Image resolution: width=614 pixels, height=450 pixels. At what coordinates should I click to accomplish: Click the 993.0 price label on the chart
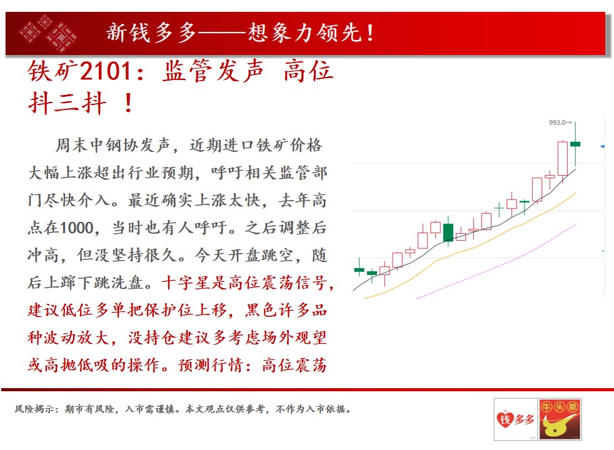[x=558, y=122]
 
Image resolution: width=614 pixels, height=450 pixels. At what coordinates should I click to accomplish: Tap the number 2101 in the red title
[x=105, y=71]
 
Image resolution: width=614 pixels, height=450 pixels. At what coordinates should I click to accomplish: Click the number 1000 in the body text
[x=77, y=227]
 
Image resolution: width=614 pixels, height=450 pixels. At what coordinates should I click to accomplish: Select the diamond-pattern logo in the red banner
[x=48, y=33]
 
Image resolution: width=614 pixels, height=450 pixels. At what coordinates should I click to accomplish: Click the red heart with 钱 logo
[x=505, y=419]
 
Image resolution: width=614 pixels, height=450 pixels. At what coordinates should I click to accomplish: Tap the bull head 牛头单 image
[x=560, y=419]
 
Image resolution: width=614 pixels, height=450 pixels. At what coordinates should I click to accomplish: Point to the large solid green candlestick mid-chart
[x=448, y=232]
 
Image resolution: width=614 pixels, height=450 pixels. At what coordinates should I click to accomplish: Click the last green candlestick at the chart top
[x=575, y=144]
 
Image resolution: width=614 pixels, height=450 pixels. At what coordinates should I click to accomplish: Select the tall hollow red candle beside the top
[x=563, y=159]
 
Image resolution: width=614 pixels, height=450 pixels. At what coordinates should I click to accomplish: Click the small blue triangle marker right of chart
[x=602, y=146]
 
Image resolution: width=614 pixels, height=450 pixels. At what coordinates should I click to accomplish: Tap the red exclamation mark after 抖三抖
[x=128, y=103]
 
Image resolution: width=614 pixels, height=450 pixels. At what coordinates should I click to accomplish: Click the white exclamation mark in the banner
[x=370, y=33]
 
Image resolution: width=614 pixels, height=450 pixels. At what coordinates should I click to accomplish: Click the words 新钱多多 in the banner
[x=151, y=32]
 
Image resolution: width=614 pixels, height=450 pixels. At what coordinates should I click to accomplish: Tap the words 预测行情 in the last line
[x=211, y=365]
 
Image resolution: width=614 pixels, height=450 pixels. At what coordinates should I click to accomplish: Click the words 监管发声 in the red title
[x=212, y=71]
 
